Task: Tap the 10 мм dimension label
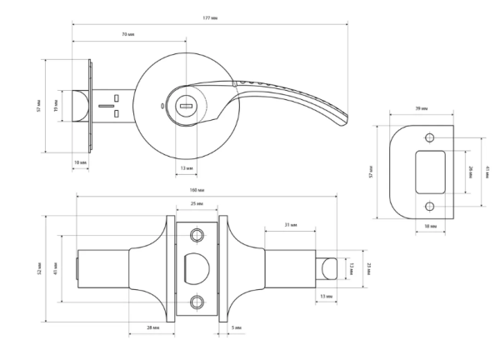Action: point(80,162)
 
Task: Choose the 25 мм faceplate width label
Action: point(197,204)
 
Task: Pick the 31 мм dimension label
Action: point(290,225)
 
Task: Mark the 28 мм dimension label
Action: point(152,328)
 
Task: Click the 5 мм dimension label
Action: point(237,328)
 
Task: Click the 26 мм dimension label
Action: point(471,171)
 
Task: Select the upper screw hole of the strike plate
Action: point(430,137)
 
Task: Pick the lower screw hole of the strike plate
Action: point(430,206)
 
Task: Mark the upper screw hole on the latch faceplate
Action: point(197,233)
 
